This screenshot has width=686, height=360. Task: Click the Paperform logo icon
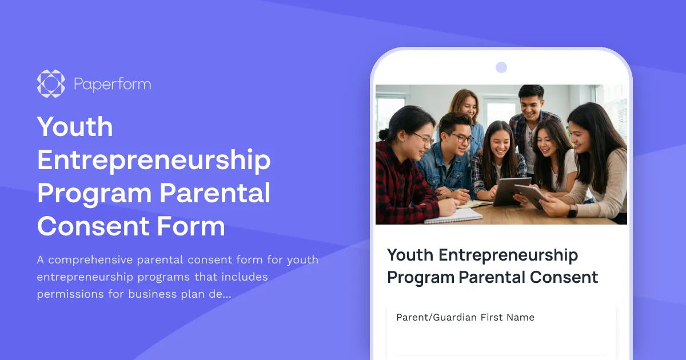51,83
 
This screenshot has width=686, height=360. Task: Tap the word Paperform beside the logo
112,85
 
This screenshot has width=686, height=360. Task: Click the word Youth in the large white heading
75,126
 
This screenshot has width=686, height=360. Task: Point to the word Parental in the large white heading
215,193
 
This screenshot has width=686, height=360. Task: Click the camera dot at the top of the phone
501,67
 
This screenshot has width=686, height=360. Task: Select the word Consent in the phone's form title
563,277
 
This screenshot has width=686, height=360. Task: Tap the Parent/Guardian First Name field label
465,317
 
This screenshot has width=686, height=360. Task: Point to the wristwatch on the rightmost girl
572,210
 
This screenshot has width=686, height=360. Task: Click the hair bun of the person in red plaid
382,134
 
